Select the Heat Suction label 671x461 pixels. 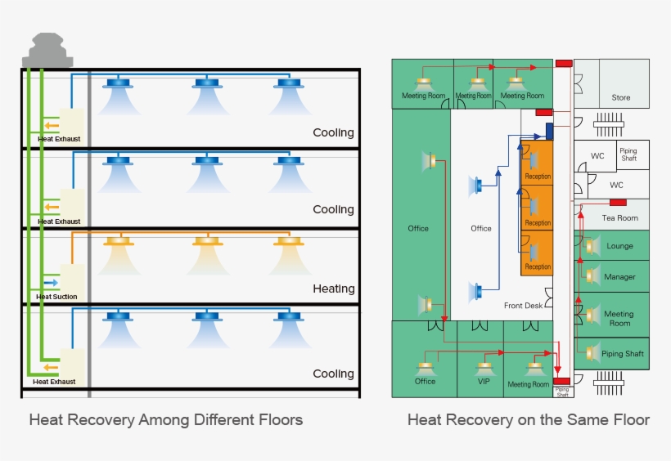(57, 297)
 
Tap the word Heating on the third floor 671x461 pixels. (333, 289)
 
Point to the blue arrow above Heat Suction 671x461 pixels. (51, 282)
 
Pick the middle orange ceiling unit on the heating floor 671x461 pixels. (207, 241)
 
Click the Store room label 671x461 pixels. (621, 98)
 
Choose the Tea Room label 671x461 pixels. (619, 218)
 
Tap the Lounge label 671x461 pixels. (619, 246)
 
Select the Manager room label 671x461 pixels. (619, 277)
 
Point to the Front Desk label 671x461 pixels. (523, 306)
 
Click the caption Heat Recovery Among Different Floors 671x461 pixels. (166, 420)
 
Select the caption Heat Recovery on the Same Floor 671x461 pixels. (529, 420)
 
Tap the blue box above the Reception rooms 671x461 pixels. (550, 131)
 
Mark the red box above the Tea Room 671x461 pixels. (618, 202)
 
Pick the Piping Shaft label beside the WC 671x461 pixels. (628, 154)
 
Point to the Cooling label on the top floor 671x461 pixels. (333, 133)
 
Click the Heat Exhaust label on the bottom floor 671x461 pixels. (54, 382)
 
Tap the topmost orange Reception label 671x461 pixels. (538, 177)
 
